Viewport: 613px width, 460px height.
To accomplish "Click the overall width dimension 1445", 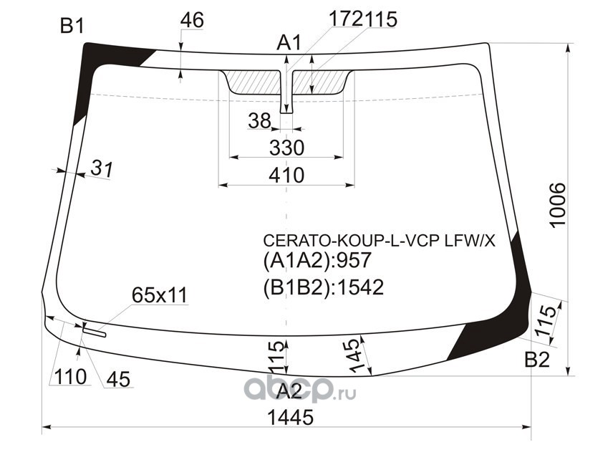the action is pos(290,417).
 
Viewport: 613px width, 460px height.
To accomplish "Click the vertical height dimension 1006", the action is pos(557,204).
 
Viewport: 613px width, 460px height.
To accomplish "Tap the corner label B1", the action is pos(72,27).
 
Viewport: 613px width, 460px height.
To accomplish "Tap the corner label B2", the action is pos(537,360).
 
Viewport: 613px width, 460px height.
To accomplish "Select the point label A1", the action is pos(289,43).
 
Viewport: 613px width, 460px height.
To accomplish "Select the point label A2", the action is pos(289,391).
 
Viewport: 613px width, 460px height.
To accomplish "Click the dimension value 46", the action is pos(192,20).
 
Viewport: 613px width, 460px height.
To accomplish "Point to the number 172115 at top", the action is pos(363,19).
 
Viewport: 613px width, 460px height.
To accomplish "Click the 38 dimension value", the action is pos(259,120).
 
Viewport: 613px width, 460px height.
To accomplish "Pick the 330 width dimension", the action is pos(286,148).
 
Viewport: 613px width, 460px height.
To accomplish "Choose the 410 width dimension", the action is pos(286,176).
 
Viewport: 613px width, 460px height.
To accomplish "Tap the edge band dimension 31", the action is pos(102,168).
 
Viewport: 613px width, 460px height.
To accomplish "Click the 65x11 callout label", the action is pos(160,295).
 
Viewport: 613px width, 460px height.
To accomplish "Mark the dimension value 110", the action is pos(70,377).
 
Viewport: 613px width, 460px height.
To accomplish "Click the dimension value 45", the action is pos(118,379).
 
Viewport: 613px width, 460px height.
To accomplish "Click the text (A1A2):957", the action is pos(317,260).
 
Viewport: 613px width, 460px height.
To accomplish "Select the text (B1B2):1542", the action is pos(323,287).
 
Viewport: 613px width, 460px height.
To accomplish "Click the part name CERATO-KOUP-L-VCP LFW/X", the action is pos(380,241).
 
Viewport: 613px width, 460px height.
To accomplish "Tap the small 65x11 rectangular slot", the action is pos(95,332).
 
